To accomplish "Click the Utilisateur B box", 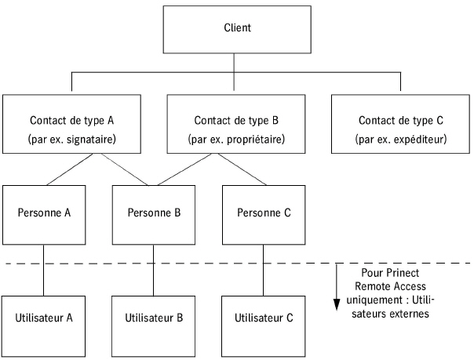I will coord(153,318).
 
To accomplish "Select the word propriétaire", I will coord(254,140).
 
